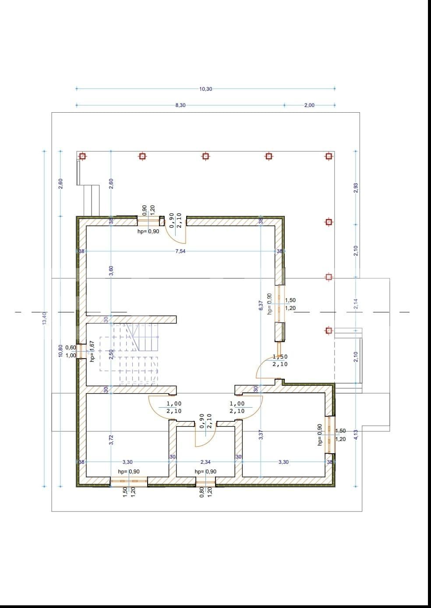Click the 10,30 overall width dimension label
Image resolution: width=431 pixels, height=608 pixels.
(x=205, y=89)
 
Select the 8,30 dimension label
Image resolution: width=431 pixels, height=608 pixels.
(x=180, y=105)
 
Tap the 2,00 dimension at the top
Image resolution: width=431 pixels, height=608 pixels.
(x=309, y=105)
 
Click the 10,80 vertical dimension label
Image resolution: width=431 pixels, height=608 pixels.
(x=60, y=351)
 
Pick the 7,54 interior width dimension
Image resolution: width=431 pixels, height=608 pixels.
(x=180, y=251)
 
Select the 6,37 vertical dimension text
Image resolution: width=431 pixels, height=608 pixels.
(x=261, y=305)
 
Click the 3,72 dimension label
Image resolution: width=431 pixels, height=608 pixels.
(x=111, y=440)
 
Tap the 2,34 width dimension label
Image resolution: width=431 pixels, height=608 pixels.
(x=205, y=462)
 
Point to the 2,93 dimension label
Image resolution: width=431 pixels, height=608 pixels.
(x=356, y=188)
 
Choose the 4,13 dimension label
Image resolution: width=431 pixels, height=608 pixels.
(x=356, y=434)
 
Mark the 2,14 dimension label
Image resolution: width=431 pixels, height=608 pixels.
(x=356, y=304)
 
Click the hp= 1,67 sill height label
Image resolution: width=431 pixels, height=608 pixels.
(x=92, y=351)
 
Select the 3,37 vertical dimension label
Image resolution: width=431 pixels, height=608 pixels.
(x=261, y=434)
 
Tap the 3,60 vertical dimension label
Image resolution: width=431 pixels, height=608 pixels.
(x=111, y=271)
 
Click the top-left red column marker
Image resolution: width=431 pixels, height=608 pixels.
(x=82, y=156)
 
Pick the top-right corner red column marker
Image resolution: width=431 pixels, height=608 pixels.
(x=329, y=156)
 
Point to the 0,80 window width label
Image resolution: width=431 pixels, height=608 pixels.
(x=201, y=492)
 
